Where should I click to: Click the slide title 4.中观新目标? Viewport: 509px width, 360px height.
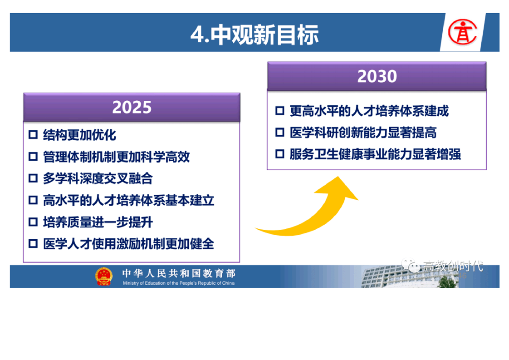[x=254, y=35]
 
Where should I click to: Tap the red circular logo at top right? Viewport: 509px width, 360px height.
[x=462, y=32]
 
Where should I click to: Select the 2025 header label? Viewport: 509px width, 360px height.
[x=132, y=107]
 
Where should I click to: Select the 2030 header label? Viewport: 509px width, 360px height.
[x=377, y=76]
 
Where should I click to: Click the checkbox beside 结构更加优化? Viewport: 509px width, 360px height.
[x=33, y=134]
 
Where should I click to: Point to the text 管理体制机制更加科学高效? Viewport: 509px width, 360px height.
[x=116, y=157]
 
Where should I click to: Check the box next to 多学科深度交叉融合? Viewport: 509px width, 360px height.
[x=33, y=178]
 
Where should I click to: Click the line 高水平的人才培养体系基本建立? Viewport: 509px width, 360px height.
[x=128, y=200]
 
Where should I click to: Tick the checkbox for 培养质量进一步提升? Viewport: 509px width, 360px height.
[x=33, y=222]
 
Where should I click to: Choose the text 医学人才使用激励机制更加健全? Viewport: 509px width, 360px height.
[x=128, y=244]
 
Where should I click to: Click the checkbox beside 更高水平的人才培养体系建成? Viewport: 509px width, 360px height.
[x=280, y=110]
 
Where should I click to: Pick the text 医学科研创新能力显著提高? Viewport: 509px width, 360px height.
[x=363, y=132]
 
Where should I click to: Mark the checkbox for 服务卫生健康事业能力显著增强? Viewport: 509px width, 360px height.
[x=280, y=154]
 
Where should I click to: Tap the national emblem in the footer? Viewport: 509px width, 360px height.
[x=103, y=276]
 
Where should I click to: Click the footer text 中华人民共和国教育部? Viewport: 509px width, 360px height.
[x=179, y=273]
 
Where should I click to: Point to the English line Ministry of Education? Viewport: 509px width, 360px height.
[x=179, y=283]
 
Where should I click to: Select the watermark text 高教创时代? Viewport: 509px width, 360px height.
[x=453, y=266]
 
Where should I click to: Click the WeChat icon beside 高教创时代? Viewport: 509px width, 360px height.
[x=411, y=266]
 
